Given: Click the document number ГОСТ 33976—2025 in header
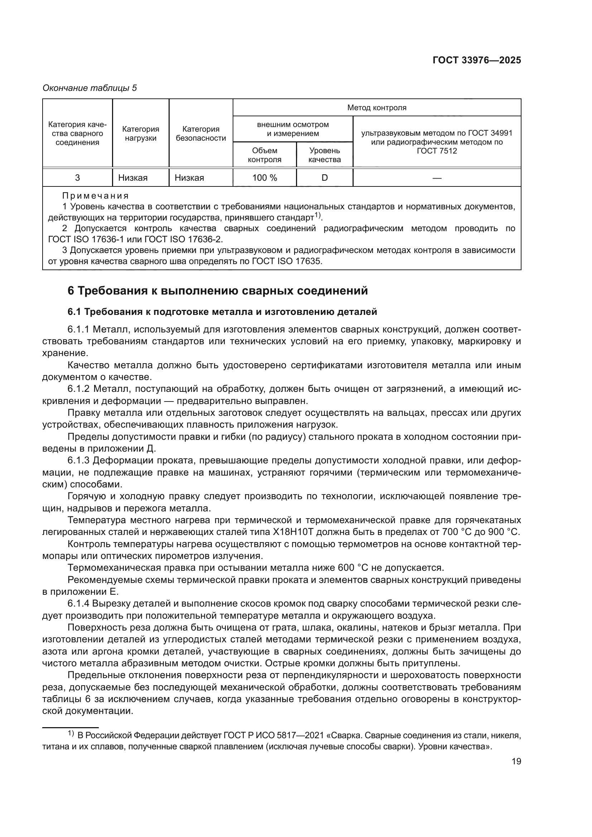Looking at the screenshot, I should click(x=476, y=60).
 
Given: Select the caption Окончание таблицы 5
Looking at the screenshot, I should click(x=90, y=88).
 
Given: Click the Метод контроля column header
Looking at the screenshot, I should click(x=377, y=108).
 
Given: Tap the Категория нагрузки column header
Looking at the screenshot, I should click(x=140, y=133).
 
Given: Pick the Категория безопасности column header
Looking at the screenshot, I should click(x=201, y=133).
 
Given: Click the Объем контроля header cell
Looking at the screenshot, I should click(x=265, y=155).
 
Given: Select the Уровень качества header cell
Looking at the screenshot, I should click(x=324, y=155).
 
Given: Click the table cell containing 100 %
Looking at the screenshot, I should click(x=265, y=178).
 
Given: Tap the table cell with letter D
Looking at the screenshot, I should click(x=324, y=178).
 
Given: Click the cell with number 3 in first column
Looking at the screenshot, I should click(x=77, y=178).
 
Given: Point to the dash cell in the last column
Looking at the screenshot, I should click(x=437, y=178).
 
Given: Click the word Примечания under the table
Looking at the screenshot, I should click(x=96, y=196).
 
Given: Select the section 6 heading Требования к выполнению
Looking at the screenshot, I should click(x=218, y=291).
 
